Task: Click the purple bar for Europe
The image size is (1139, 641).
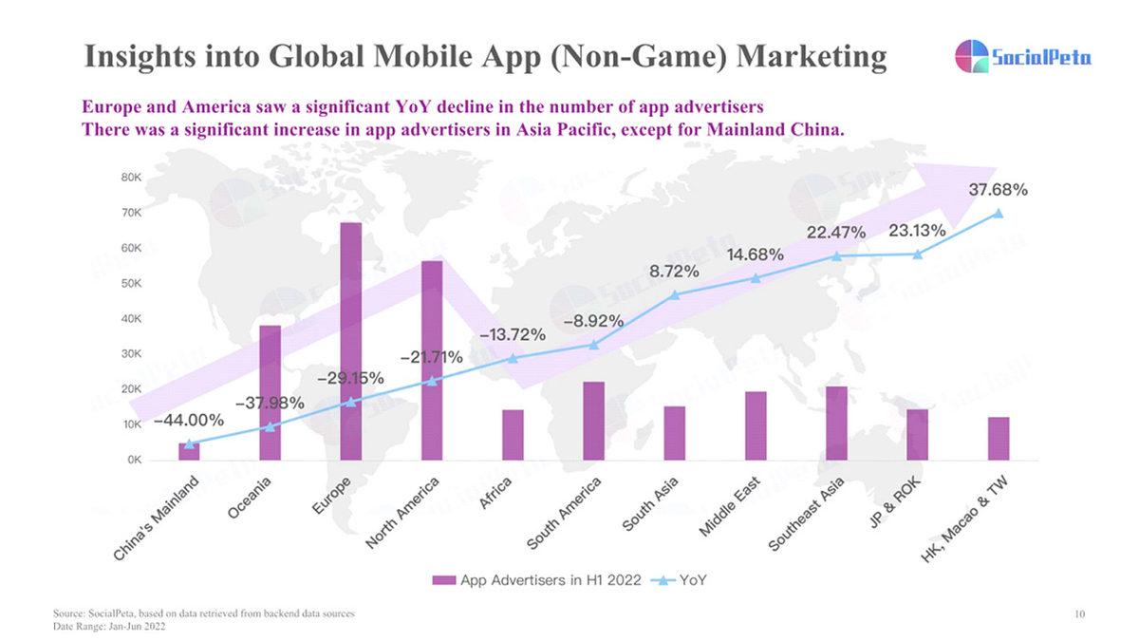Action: [351, 341]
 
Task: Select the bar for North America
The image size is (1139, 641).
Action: [432, 360]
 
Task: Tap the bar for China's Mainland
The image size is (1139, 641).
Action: [189, 451]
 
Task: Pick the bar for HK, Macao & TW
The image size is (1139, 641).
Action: [998, 438]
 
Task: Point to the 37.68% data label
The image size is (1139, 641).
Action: [998, 190]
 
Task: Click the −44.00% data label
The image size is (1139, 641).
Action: [189, 420]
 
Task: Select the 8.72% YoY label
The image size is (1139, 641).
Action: [674, 272]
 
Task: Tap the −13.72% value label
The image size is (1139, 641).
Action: [513, 334]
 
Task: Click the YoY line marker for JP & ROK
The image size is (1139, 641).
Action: [917, 255]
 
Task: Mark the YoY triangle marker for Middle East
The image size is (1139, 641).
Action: [756, 278]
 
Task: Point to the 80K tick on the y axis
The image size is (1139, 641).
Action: [131, 178]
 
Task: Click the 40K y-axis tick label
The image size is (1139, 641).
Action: [131, 319]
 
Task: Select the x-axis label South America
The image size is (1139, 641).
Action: [567, 514]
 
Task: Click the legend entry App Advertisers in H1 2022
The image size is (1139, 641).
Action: [537, 579]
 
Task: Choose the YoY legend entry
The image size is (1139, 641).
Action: [680, 579]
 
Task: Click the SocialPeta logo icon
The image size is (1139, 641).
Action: [970, 56]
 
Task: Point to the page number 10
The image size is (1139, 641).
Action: [1079, 615]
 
